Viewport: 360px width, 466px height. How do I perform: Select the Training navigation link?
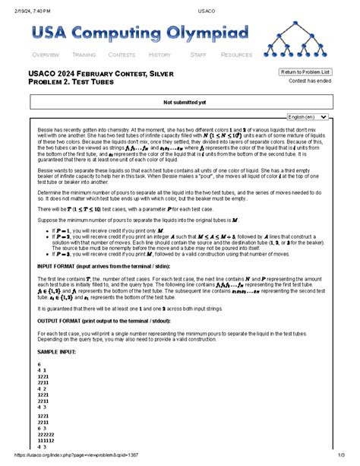[x=84, y=55]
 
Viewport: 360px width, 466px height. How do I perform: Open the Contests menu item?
[x=122, y=55]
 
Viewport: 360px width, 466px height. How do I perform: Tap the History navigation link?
[x=159, y=55]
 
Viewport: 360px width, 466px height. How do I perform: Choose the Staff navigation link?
[x=198, y=55]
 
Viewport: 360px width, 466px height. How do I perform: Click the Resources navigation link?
[x=236, y=55]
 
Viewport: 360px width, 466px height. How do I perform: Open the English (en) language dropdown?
[x=308, y=117]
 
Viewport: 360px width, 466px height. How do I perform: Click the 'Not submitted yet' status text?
[x=180, y=101]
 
